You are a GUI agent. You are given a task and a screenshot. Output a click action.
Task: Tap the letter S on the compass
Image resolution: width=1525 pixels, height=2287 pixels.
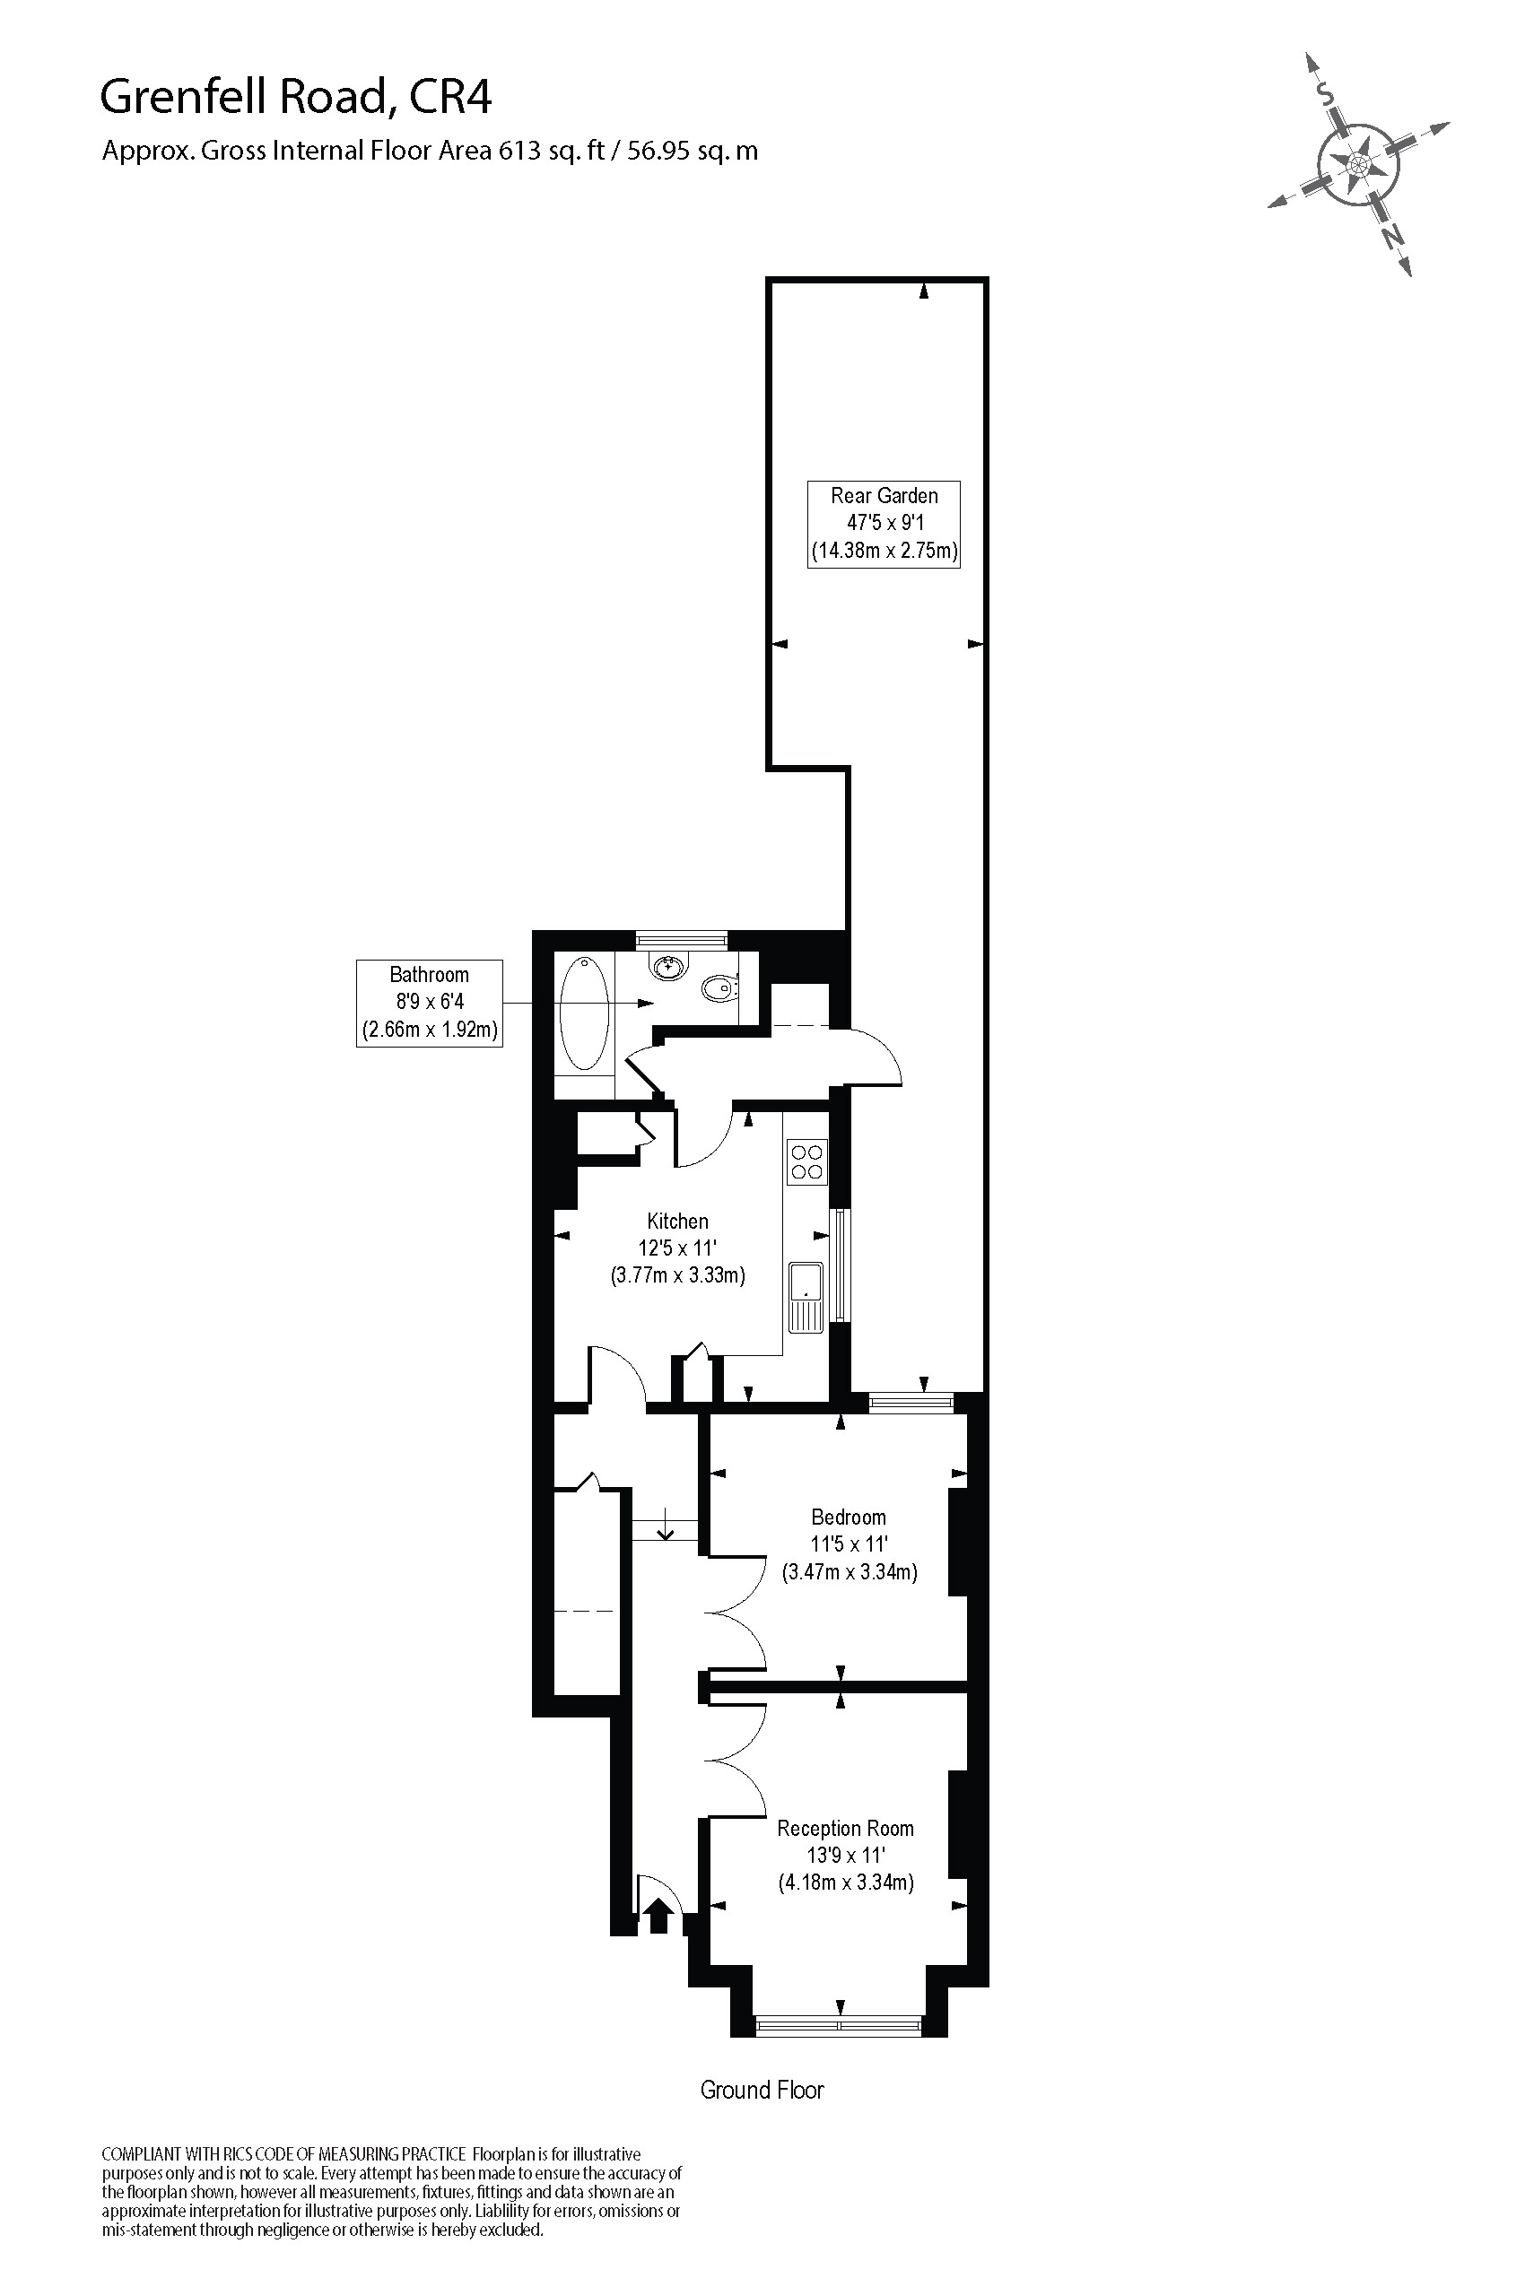[1324, 92]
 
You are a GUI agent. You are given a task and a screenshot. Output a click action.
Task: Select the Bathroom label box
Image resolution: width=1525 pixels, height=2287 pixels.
[429, 1003]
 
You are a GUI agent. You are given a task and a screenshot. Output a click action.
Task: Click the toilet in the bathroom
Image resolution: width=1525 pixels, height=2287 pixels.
[719, 988]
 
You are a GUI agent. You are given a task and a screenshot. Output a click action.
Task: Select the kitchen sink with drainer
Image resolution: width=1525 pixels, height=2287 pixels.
[806, 1296]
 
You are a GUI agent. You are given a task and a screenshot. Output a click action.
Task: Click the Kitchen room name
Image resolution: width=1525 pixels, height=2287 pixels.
[678, 1222]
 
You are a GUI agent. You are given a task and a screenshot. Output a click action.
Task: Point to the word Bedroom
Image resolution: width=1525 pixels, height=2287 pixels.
[848, 1517]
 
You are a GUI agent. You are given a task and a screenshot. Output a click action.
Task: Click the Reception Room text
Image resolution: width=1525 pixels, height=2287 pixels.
[845, 1828]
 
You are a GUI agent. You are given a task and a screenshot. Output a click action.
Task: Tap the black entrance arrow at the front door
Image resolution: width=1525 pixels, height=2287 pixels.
[658, 1915]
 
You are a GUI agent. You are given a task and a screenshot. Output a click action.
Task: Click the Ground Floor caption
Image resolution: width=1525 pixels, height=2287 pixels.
[762, 2090]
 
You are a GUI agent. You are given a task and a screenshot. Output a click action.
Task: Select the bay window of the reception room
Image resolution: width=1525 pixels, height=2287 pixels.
[840, 2025]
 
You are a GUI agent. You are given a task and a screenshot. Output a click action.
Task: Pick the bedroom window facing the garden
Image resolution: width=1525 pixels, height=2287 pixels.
[911, 1401]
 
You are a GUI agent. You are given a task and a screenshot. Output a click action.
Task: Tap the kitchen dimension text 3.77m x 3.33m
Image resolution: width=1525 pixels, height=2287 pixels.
[678, 1274]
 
